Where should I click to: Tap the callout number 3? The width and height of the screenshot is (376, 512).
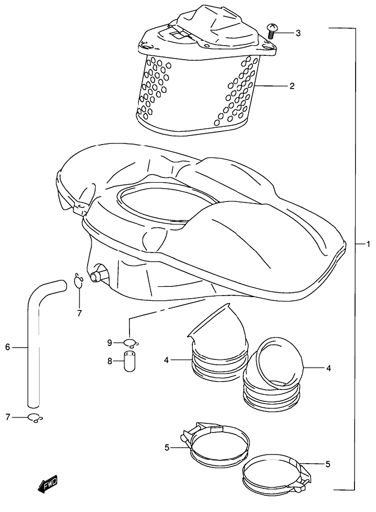pyautogui.click(x=298, y=33)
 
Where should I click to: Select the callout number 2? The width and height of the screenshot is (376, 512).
pyautogui.click(x=292, y=86)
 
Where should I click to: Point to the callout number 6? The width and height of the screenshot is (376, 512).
pyautogui.click(x=8, y=348)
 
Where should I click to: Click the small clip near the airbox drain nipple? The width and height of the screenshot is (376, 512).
pyautogui.click(x=78, y=280)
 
